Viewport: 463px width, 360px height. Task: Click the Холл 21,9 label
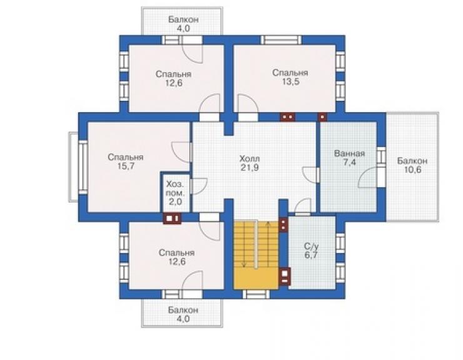[250, 163]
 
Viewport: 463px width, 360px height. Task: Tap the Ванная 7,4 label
[349, 158]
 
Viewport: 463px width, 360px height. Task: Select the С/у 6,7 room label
[311, 250]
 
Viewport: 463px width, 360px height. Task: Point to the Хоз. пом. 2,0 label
[175, 193]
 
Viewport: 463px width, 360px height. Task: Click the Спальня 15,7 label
[126, 162]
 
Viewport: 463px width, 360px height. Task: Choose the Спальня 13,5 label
[290, 77]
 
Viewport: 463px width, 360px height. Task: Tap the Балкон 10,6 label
[412, 165]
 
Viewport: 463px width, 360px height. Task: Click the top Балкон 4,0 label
[183, 24]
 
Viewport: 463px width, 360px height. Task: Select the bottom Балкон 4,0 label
[183, 314]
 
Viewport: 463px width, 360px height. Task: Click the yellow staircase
[256, 254]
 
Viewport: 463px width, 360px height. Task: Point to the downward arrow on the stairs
[244, 244]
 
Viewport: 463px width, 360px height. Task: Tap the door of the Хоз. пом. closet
[198, 186]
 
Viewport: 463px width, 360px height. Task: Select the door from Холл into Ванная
[310, 175]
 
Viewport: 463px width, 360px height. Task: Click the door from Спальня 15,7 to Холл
[181, 152]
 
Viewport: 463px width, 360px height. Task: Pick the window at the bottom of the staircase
[256, 294]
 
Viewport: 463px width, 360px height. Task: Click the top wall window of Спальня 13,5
[281, 40]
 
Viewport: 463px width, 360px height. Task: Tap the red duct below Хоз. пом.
[172, 219]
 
